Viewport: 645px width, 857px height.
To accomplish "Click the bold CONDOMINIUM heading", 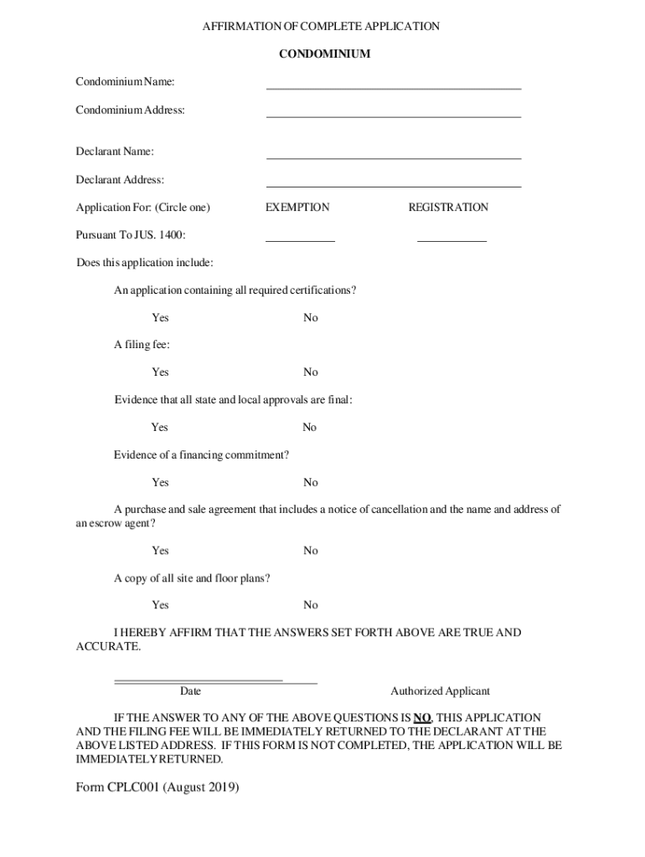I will pyautogui.click(x=324, y=54).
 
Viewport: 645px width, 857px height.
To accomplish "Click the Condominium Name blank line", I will pyautogui.click(x=393, y=86).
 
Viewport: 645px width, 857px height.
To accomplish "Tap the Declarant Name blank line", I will pyautogui.click(x=393, y=157).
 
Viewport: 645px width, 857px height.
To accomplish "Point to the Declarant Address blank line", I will pyautogui.click(x=393, y=185).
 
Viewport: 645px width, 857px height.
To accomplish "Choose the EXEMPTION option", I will pyautogui.click(x=297, y=208).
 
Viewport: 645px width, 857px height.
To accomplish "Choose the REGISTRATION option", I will pyautogui.click(x=448, y=208).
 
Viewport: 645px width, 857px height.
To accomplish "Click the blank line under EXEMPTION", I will pyautogui.click(x=300, y=239).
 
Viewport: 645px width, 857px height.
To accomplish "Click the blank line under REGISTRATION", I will pyautogui.click(x=451, y=239).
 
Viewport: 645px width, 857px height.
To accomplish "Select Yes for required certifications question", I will pyautogui.click(x=160, y=318).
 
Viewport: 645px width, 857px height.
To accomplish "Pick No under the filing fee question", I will pyautogui.click(x=311, y=372).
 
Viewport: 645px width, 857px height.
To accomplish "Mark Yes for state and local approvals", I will pyautogui.click(x=159, y=428).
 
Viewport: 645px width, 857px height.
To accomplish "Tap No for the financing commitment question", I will pyautogui.click(x=311, y=483).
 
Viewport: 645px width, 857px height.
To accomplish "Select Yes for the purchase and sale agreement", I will pyautogui.click(x=160, y=551).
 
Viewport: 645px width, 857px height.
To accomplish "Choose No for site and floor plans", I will pyautogui.click(x=311, y=605).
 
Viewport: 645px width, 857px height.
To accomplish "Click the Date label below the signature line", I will pyautogui.click(x=190, y=691).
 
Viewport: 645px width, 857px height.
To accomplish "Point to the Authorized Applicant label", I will pyautogui.click(x=440, y=691).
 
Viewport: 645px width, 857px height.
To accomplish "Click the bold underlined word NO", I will pyautogui.click(x=422, y=718).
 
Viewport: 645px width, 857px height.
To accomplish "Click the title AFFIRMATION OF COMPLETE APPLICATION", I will pyautogui.click(x=321, y=27).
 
